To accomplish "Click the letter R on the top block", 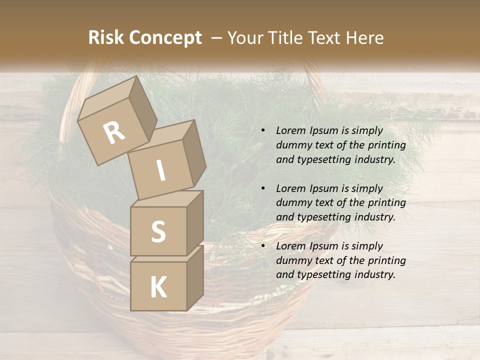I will [x=114, y=133].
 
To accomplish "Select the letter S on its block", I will [x=158, y=232].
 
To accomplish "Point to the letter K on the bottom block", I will [x=158, y=287].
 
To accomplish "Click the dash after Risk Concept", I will [x=217, y=38].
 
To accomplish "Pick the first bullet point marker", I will [x=263, y=130].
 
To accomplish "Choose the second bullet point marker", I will [x=263, y=188].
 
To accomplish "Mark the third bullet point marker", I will [x=263, y=246].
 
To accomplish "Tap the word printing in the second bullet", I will [x=386, y=203].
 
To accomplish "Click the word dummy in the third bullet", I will [x=292, y=260].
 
